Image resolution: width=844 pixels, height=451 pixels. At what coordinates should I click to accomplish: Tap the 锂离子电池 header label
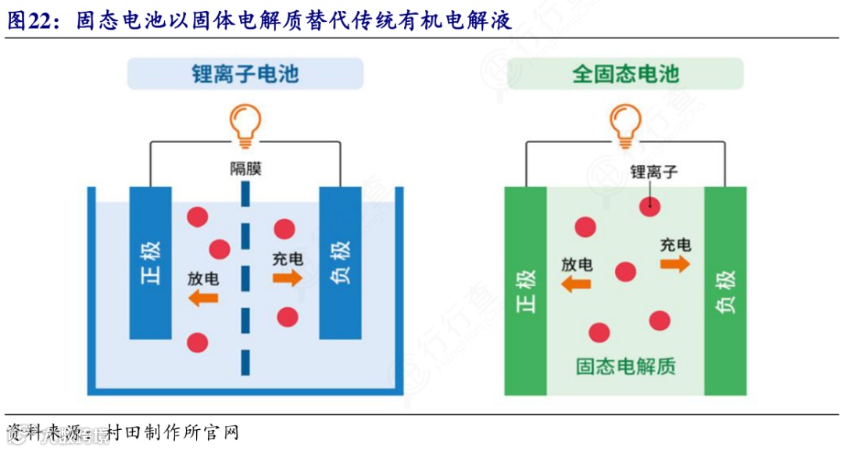point(246,74)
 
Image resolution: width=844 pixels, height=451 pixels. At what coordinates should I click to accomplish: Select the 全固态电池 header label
point(625,74)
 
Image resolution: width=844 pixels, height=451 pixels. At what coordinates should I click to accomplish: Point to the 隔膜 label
point(245,168)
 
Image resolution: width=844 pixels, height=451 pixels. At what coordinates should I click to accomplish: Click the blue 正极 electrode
point(151,263)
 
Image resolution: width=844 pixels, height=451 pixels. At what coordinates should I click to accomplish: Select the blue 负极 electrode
point(340,263)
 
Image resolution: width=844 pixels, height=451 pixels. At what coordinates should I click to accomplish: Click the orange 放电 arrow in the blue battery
point(204,298)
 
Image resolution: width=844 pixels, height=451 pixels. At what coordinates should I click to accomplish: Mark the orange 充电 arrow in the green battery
point(675,264)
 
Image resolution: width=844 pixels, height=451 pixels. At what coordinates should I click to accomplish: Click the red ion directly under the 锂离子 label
point(648,206)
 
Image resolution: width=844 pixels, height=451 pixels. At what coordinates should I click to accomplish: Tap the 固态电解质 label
point(625,366)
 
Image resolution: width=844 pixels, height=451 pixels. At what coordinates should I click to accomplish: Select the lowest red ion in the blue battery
point(198,342)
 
